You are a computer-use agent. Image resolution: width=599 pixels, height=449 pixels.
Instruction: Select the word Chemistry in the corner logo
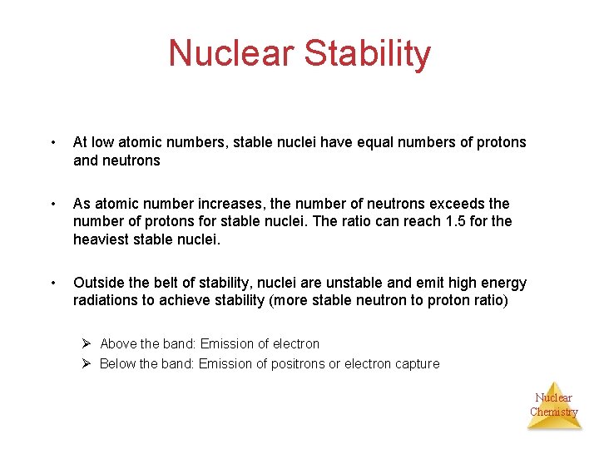(553, 412)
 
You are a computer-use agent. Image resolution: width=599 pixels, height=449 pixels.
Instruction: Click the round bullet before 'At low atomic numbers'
(53, 143)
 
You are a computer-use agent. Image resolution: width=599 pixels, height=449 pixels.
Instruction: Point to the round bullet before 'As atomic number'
(53, 205)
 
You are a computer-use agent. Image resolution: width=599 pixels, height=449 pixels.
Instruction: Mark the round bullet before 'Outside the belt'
(53, 284)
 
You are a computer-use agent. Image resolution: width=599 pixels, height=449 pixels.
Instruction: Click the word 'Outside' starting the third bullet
(98, 283)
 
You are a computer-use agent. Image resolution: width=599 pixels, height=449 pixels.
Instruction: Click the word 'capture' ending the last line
(415, 363)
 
